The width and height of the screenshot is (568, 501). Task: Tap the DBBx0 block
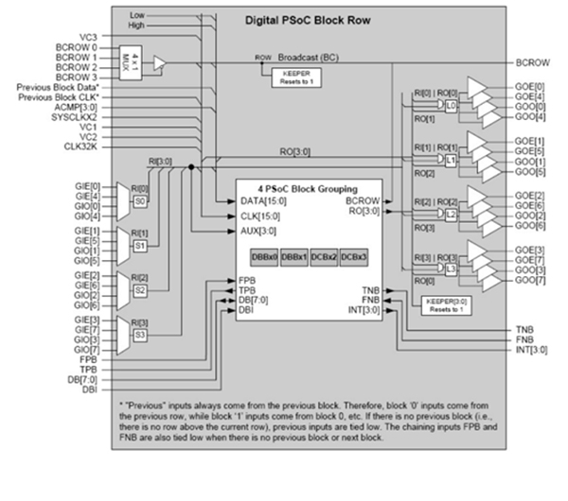point(262,256)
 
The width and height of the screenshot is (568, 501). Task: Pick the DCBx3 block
point(352,256)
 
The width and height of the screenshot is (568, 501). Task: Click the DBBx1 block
point(293,256)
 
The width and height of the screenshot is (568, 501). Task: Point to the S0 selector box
point(138,200)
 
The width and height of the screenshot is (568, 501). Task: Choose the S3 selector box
point(138,334)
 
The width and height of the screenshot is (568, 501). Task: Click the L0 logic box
point(452,107)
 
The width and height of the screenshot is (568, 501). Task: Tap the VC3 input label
point(88,35)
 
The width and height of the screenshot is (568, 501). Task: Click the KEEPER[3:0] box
point(435,304)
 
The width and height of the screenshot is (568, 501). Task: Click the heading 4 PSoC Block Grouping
point(309,187)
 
